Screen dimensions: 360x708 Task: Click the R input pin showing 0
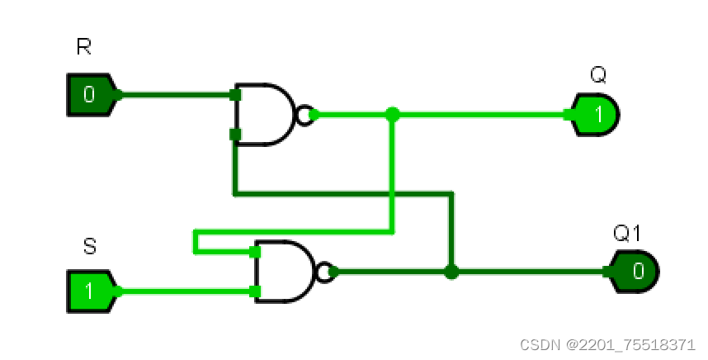(x=90, y=94)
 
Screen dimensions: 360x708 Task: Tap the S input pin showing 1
(x=90, y=291)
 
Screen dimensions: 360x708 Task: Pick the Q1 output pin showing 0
(x=636, y=271)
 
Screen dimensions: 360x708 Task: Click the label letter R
(x=83, y=47)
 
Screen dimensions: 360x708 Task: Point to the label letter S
(x=90, y=246)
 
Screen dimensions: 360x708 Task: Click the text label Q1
(x=628, y=234)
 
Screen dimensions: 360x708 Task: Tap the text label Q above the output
(x=598, y=76)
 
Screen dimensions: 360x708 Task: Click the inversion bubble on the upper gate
(x=305, y=115)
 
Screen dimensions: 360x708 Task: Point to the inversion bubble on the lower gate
(x=327, y=271)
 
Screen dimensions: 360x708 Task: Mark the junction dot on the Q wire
(x=393, y=115)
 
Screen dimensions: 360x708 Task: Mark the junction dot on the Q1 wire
(x=451, y=271)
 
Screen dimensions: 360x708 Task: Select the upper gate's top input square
(x=235, y=95)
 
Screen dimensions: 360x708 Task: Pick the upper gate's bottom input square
(x=235, y=134)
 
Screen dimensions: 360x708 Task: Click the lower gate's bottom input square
(x=255, y=291)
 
